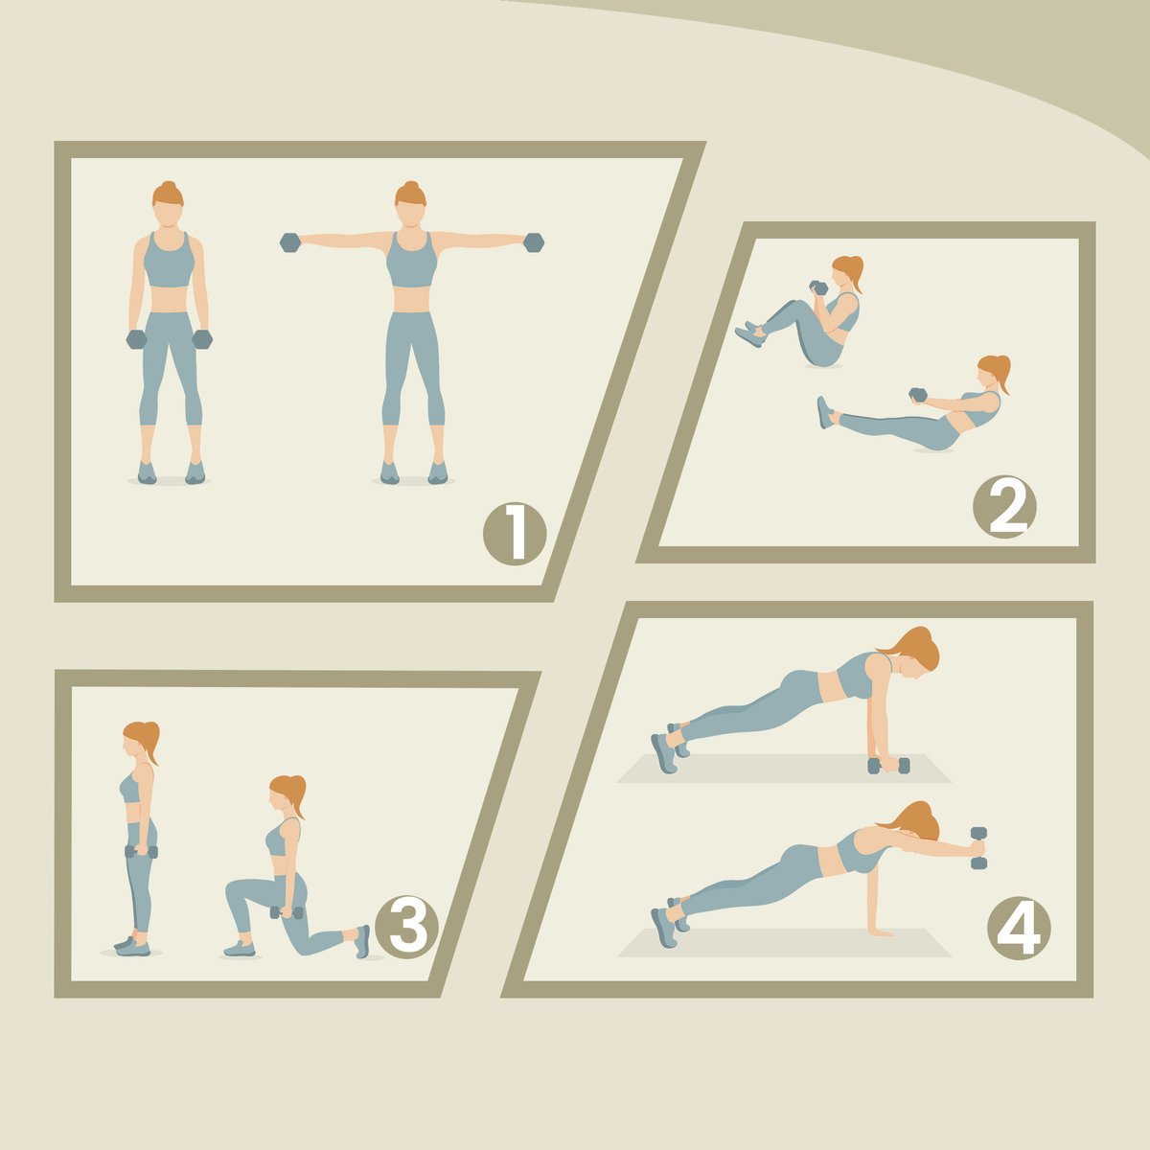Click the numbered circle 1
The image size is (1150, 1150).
(x=515, y=534)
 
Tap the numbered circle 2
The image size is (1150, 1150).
(x=1004, y=507)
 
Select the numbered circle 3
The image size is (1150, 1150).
(x=406, y=927)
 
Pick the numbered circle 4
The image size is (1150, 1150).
(x=1019, y=929)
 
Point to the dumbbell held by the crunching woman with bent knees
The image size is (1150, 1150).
(x=818, y=287)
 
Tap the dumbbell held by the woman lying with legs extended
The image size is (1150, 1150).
(x=918, y=395)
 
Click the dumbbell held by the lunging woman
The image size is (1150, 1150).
(x=287, y=912)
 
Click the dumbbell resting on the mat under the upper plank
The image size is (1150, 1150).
(x=888, y=766)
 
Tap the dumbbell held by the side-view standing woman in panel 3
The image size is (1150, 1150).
(x=142, y=852)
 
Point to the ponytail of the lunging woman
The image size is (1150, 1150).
(x=296, y=795)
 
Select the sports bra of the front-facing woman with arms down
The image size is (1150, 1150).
(x=169, y=261)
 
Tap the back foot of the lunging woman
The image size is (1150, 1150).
(x=361, y=942)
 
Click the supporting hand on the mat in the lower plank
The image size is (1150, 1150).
(x=880, y=931)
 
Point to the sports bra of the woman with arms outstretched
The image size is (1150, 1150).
(x=412, y=261)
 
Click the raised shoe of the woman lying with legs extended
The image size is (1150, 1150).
(x=825, y=412)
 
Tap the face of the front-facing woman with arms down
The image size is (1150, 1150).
(x=168, y=215)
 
